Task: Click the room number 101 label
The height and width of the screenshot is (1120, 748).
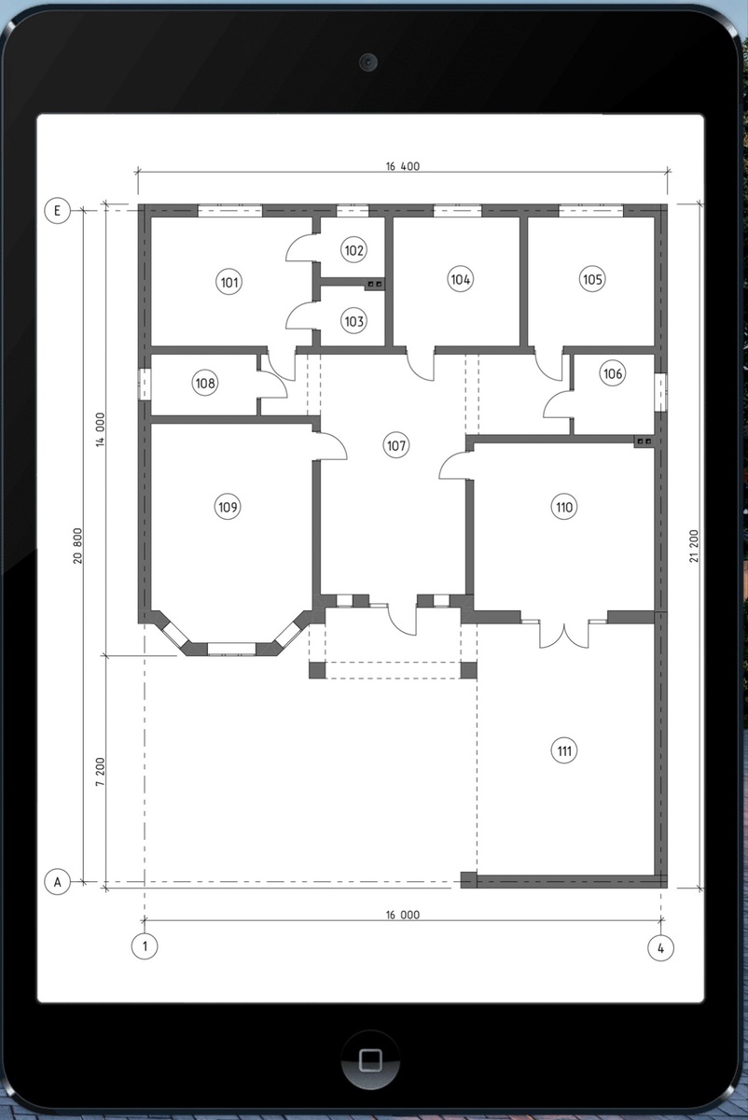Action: tap(229, 282)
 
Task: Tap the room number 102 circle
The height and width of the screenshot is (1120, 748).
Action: tap(353, 249)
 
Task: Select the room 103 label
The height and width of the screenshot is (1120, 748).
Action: tap(353, 321)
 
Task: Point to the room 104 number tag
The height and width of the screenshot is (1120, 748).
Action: tap(460, 279)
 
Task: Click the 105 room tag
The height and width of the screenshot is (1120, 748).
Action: tap(592, 279)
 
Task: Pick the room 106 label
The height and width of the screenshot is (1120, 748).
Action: tap(613, 373)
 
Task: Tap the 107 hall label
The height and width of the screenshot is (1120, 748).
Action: tap(396, 445)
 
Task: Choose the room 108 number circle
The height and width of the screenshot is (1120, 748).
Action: tap(205, 383)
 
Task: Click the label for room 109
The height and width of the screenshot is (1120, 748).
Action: tap(228, 507)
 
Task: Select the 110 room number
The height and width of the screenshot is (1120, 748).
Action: tap(564, 507)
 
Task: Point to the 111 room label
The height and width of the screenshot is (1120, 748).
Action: tap(564, 750)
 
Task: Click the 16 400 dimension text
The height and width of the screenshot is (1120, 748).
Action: tap(403, 166)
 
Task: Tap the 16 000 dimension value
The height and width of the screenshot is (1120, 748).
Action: tap(403, 915)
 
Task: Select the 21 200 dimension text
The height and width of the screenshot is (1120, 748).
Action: tap(694, 546)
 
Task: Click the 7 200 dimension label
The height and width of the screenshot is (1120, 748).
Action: tap(101, 772)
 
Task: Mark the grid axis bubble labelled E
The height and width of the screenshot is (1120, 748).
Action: tap(58, 211)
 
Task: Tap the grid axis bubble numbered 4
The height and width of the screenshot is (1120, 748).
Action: tap(660, 947)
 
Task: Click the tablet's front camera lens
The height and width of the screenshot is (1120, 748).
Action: tap(368, 62)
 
